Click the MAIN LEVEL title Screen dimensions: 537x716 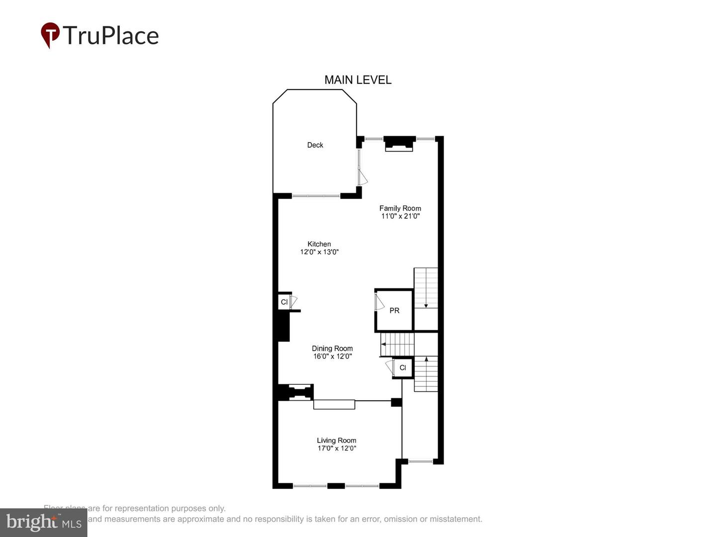(x=358, y=80)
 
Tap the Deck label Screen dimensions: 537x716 (x=315, y=145)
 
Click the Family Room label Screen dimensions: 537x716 (x=400, y=208)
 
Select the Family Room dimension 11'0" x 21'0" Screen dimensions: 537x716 (x=400, y=216)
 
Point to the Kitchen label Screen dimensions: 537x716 (x=319, y=244)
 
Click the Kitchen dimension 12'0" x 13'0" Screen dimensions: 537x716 (x=319, y=252)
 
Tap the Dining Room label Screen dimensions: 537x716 (x=332, y=349)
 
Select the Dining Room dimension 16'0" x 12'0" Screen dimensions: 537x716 (x=332, y=357)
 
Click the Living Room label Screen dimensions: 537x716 (x=337, y=441)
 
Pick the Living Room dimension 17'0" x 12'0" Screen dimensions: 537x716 (x=337, y=448)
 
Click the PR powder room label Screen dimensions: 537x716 (x=394, y=311)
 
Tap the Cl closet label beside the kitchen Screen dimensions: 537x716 (x=284, y=302)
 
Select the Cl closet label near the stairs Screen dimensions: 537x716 (x=403, y=368)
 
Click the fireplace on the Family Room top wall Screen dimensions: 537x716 (x=399, y=143)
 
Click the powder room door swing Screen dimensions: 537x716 (x=379, y=302)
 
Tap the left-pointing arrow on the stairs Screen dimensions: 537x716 (x=384, y=344)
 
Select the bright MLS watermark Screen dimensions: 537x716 (x=43, y=523)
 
